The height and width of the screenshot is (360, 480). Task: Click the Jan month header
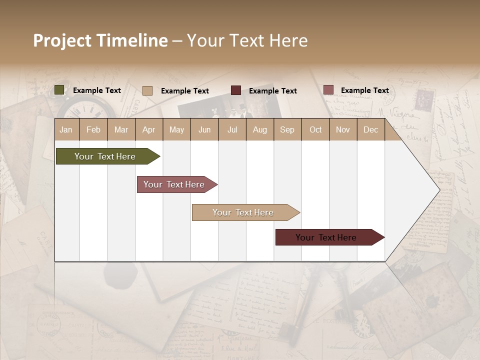pos(66,129)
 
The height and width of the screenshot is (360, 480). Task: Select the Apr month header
pos(148,129)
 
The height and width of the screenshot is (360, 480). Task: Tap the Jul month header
pos(232,129)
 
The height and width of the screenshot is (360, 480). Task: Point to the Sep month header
pos(287,129)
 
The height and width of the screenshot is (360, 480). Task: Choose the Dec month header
pos(370,129)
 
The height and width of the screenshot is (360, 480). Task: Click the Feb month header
pos(93,129)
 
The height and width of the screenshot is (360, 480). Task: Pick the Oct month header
pos(315,129)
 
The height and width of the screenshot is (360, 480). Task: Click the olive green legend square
pos(59,90)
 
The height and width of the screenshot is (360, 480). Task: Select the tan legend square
pos(147,90)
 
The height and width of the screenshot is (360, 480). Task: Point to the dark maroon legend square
pos(236,90)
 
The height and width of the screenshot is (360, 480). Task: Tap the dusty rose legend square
pos(328,90)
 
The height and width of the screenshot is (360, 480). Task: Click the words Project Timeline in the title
pos(100,40)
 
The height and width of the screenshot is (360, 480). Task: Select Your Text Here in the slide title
pos(247,40)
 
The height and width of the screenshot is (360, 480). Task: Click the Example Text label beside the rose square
pos(364,90)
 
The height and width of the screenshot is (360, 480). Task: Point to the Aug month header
pos(259,129)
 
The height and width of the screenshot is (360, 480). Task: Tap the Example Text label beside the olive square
pos(97,90)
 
